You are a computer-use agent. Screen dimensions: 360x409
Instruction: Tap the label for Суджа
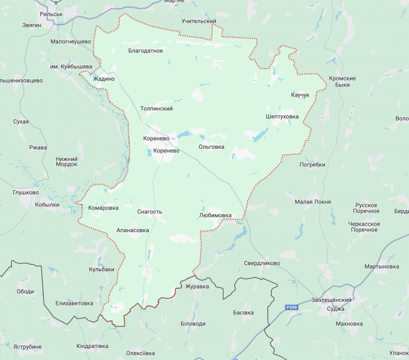(336, 309)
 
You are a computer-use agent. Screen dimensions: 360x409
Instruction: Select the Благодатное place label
(146, 51)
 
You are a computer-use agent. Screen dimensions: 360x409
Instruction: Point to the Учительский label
(199, 21)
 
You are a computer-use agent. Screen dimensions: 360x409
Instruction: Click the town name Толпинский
(156, 109)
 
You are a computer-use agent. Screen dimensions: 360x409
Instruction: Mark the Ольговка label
(211, 146)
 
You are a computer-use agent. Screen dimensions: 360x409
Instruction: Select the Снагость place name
(149, 212)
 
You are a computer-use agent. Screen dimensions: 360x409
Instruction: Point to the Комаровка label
(103, 208)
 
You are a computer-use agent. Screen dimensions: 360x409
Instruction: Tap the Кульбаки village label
(101, 269)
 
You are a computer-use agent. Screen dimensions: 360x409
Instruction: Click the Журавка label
(197, 287)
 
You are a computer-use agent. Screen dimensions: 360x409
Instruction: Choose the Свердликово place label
(262, 263)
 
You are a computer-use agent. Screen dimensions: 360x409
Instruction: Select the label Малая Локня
(312, 202)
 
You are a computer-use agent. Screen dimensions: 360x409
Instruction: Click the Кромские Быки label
(342, 82)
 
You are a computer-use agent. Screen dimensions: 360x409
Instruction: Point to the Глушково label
(26, 193)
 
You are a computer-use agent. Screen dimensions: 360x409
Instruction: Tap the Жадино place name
(104, 79)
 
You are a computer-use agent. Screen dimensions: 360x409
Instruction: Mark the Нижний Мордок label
(67, 161)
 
